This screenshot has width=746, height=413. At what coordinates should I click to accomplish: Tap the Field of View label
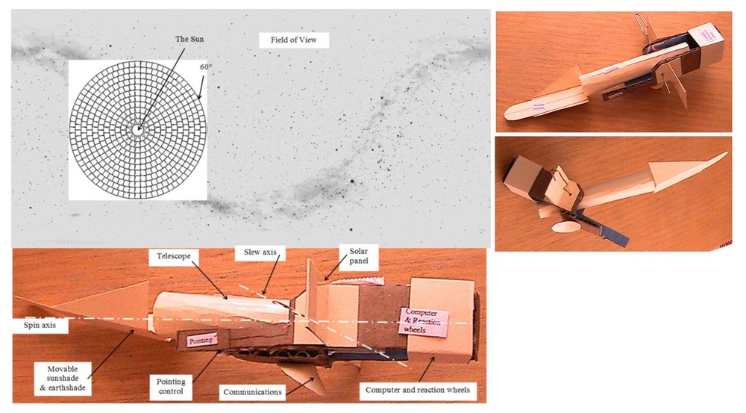coord(294,40)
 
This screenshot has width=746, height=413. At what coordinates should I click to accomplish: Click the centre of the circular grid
coord(137,128)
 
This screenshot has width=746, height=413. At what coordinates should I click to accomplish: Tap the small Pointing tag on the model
coord(200,340)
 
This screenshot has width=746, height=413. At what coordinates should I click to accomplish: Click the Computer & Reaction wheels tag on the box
coord(427,320)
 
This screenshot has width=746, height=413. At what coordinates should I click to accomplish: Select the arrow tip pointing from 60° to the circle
coord(199,99)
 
